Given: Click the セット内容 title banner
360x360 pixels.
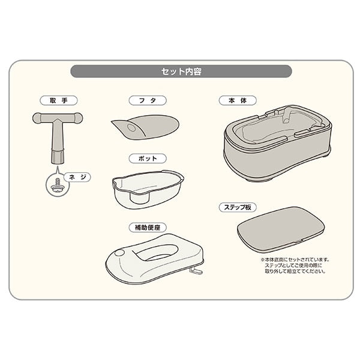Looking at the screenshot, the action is pyautogui.click(x=181, y=71).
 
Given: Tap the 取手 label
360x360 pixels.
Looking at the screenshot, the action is pyautogui.click(x=59, y=101).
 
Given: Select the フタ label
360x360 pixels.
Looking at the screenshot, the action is pyautogui.click(x=148, y=101).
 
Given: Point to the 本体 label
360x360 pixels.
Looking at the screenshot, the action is pyautogui.click(x=238, y=101).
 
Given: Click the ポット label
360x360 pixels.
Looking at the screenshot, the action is pyautogui.click(x=148, y=158).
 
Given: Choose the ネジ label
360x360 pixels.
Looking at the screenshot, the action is pyautogui.click(x=77, y=177).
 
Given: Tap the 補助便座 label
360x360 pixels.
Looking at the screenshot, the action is pyautogui.click(x=148, y=227).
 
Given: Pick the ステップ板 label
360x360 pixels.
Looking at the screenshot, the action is pyautogui.click(x=238, y=208).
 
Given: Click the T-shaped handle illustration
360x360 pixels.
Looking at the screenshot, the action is pyautogui.click(x=57, y=133).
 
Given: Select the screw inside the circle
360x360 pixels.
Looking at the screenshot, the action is pyautogui.click(x=58, y=185).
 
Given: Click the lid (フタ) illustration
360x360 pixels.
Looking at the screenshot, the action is pyautogui.click(x=146, y=127).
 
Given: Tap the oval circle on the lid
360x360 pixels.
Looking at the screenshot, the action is pyautogui.click(x=131, y=128).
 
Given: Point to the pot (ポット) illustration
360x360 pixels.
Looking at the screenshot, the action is pyautogui.click(x=148, y=189).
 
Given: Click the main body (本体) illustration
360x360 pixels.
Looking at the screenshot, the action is pyautogui.click(x=277, y=143).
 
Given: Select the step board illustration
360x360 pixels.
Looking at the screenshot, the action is pyautogui.click(x=281, y=229).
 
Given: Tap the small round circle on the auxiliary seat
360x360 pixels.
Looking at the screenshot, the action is pyautogui.click(x=119, y=253).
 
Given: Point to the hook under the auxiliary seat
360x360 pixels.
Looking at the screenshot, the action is pyautogui.click(x=196, y=271).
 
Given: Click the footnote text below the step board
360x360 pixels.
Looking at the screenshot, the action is pyautogui.click(x=295, y=265).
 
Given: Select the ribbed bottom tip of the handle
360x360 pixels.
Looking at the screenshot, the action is pyautogui.click(x=57, y=157).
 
